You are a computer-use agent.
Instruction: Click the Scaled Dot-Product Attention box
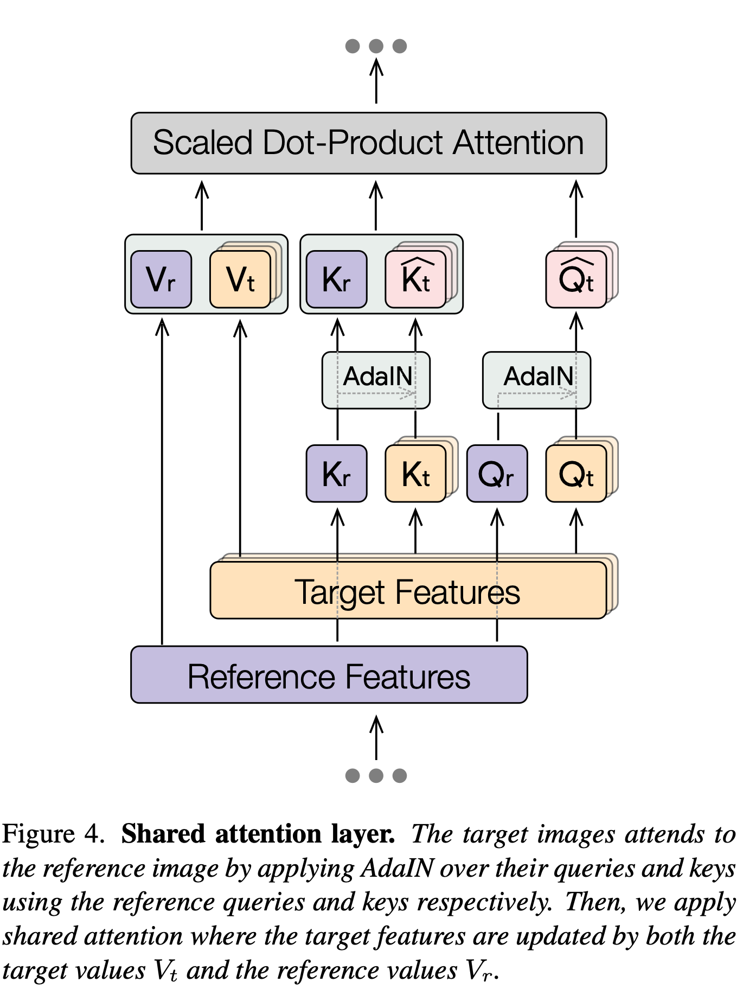click(x=368, y=143)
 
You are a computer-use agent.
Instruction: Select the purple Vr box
click(x=161, y=279)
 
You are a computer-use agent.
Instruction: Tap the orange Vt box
click(x=240, y=279)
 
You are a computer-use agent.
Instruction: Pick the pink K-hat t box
click(x=415, y=279)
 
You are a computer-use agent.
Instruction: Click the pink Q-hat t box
click(x=576, y=279)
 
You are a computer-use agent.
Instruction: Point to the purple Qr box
click(x=497, y=474)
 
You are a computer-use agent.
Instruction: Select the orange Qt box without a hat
click(x=576, y=474)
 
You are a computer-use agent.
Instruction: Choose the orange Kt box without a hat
click(x=415, y=474)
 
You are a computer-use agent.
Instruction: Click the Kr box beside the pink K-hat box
click(x=336, y=279)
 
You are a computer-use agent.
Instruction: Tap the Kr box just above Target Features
click(x=336, y=474)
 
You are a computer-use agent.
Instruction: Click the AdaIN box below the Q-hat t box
click(x=536, y=380)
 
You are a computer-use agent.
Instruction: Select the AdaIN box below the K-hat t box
click(x=376, y=380)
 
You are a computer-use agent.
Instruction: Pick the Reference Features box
click(x=329, y=675)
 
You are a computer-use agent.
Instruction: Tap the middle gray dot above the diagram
click(x=376, y=46)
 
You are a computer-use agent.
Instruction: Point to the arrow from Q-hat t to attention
click(x=576, y=209)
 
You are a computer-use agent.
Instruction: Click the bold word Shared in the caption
click(x=163, y=834)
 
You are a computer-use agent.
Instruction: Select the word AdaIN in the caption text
click(x=397, y=868)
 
